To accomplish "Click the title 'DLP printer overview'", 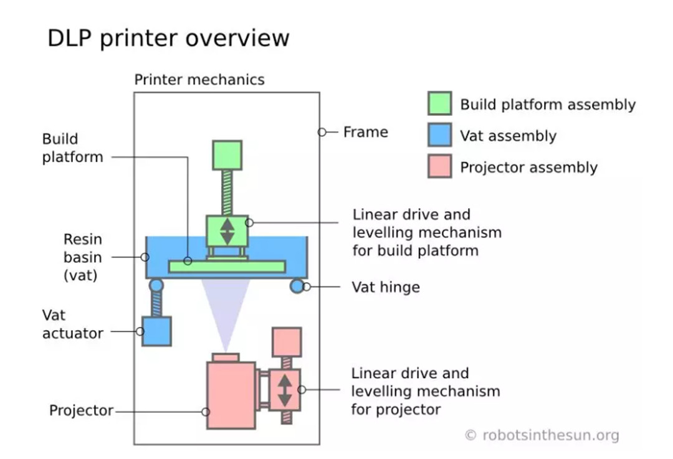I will (x=168, y=38).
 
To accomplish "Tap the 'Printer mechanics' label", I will (x=199, y=80).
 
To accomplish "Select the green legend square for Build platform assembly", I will (x=439, y=103).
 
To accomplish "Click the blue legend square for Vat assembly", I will (x=439, y=135).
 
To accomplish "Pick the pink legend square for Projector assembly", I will (x=439, y=166).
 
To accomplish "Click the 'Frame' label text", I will (x=365, y=132).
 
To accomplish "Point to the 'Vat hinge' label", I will (x=386, y=287).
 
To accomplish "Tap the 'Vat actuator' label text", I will (x=72, y=324).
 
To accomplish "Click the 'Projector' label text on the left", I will (x=81, y=411).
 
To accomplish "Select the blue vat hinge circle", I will (x=297, y=286).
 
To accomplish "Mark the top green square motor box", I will (x=227, y=156).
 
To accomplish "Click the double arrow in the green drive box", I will (x=227, y=231).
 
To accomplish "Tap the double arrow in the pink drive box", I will (x=285, y=390).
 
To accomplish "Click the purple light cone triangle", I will (x=226, y=305).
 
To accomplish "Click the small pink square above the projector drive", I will (x=287, y=342).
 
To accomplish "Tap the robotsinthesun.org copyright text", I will (x=542, y=435).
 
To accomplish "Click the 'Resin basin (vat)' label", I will (x=82, y=257).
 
